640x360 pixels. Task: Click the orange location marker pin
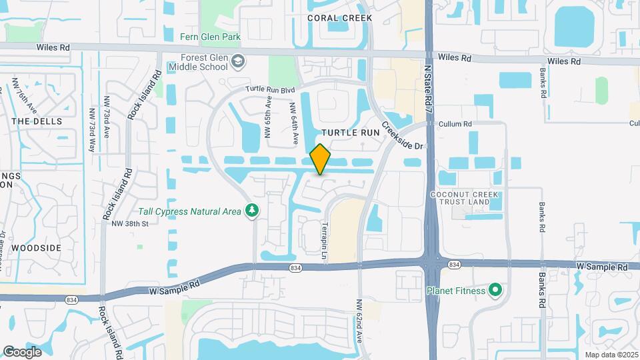coord(321,159)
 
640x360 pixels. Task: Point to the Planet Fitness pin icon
coord(495,291)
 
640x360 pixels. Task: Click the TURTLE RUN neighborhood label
coord(350,133)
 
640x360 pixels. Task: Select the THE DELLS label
coord(37,121)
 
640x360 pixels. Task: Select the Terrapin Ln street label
coord(326,240)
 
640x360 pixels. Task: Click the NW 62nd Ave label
coord(359,320)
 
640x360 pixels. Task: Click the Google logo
coord(23,351)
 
